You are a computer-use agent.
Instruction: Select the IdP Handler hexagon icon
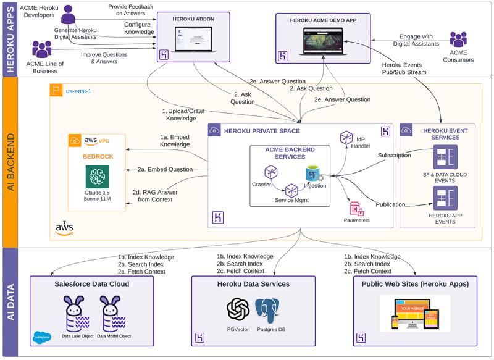click(x=345, y=138)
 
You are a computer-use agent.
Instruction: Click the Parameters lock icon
click(x=355, y=207)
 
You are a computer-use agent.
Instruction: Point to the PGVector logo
click(x=238, y=311)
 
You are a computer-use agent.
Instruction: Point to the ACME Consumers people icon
click(x=458, y=40)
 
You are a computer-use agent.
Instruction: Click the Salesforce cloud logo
click(x=41, y=337)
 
